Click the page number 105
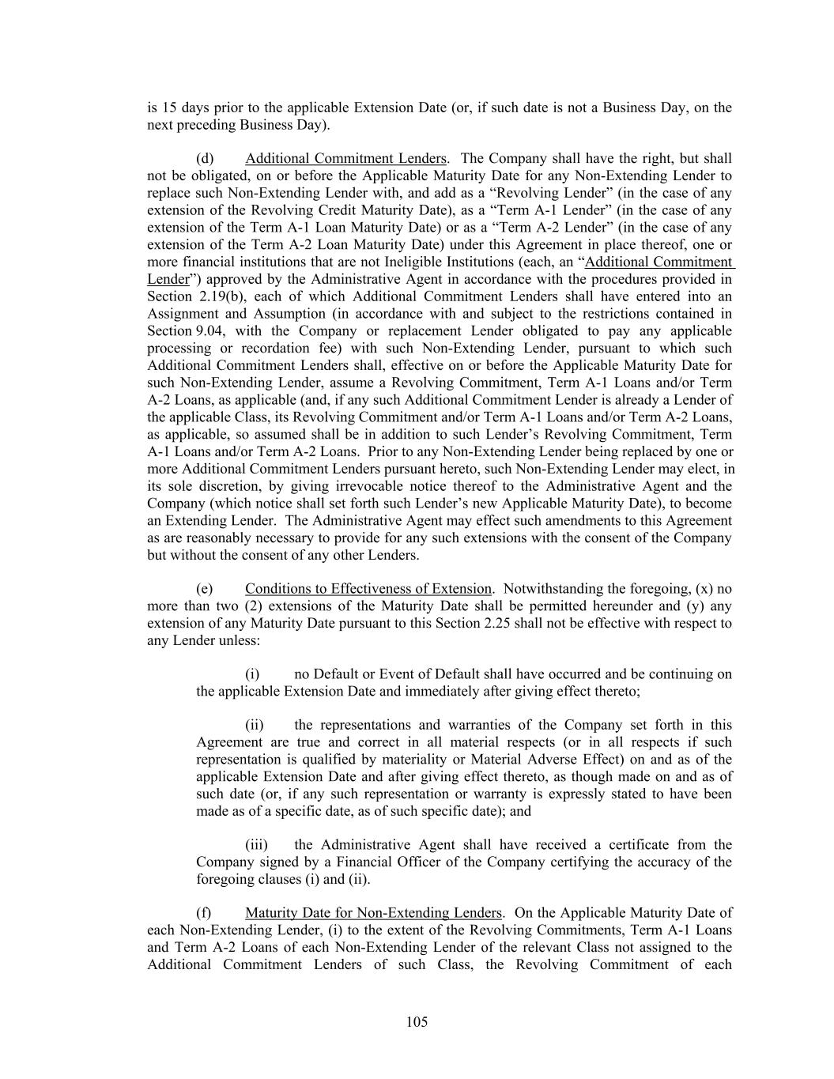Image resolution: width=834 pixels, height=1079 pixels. coord(417,1022)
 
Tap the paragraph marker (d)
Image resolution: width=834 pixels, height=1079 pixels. coord(205,159)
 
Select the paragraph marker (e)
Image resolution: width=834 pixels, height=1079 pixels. coord(205,589)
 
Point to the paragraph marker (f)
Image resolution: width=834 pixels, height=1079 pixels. coord(204,913)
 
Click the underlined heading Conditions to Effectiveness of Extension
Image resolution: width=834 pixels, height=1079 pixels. coord(368,589)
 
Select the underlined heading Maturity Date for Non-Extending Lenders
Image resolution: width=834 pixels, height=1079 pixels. coord(373,913)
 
